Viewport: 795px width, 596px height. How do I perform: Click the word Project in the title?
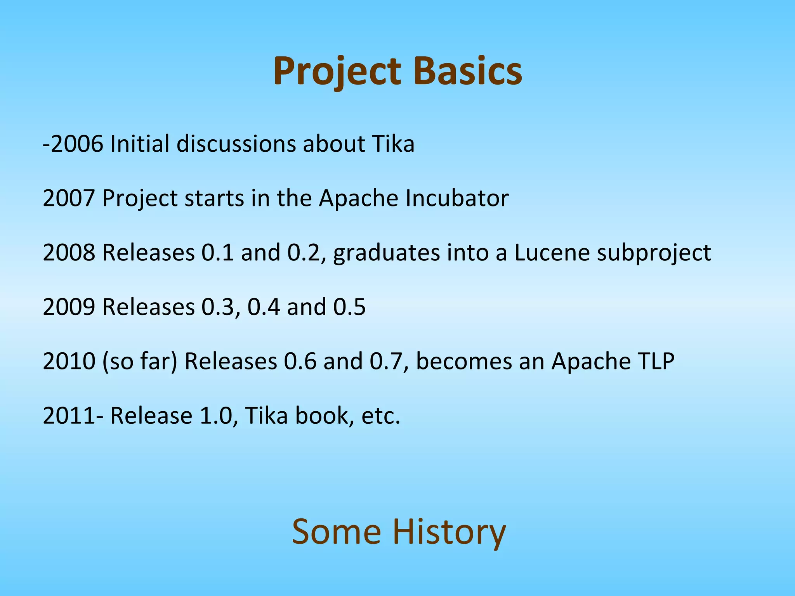pos(337,72)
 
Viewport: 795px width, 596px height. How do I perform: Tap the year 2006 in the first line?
pos(77,144)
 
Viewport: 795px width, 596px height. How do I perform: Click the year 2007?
pos(69,198)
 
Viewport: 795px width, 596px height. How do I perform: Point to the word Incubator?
pos(457,198)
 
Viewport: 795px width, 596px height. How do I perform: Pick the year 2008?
pos(69,253)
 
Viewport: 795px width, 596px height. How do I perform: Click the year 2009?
pos(69,307)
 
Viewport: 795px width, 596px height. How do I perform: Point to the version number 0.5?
pos(349,307)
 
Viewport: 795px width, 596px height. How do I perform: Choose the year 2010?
pos(69,361)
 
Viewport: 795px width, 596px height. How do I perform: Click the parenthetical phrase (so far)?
pos(140,361)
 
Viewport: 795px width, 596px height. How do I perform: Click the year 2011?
pos(69,416)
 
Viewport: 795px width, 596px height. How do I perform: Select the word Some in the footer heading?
pos(336,532)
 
